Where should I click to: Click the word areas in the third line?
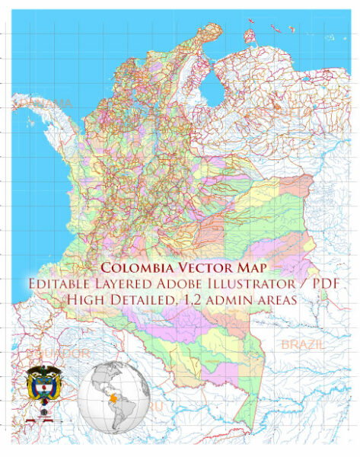[x=281, y=300]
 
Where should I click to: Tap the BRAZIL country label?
[x=303, y=345]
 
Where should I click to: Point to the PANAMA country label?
[x=50, y=102]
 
